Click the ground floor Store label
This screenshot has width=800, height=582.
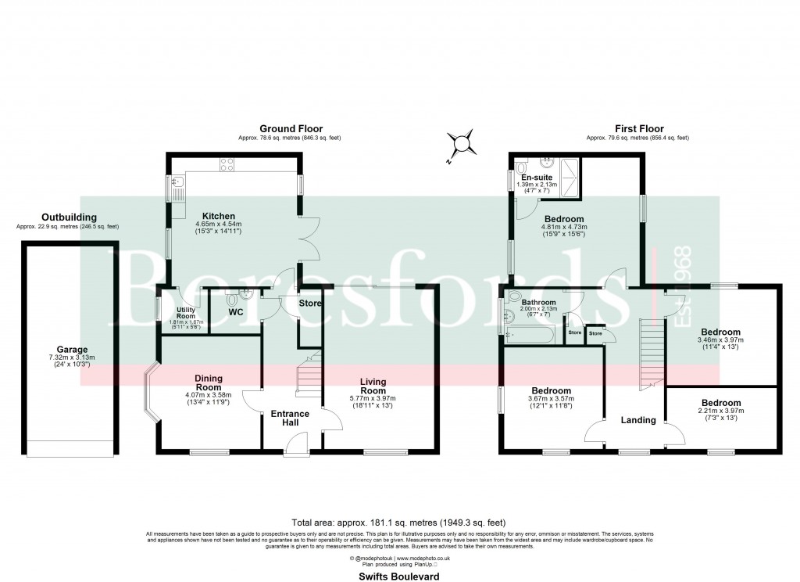tap(310, 304)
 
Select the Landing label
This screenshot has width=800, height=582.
tap(637, 420)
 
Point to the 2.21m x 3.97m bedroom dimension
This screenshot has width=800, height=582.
tap(721, 412)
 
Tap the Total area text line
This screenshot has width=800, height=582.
tap(400, 522)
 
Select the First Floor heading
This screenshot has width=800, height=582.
tap(637, 129)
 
